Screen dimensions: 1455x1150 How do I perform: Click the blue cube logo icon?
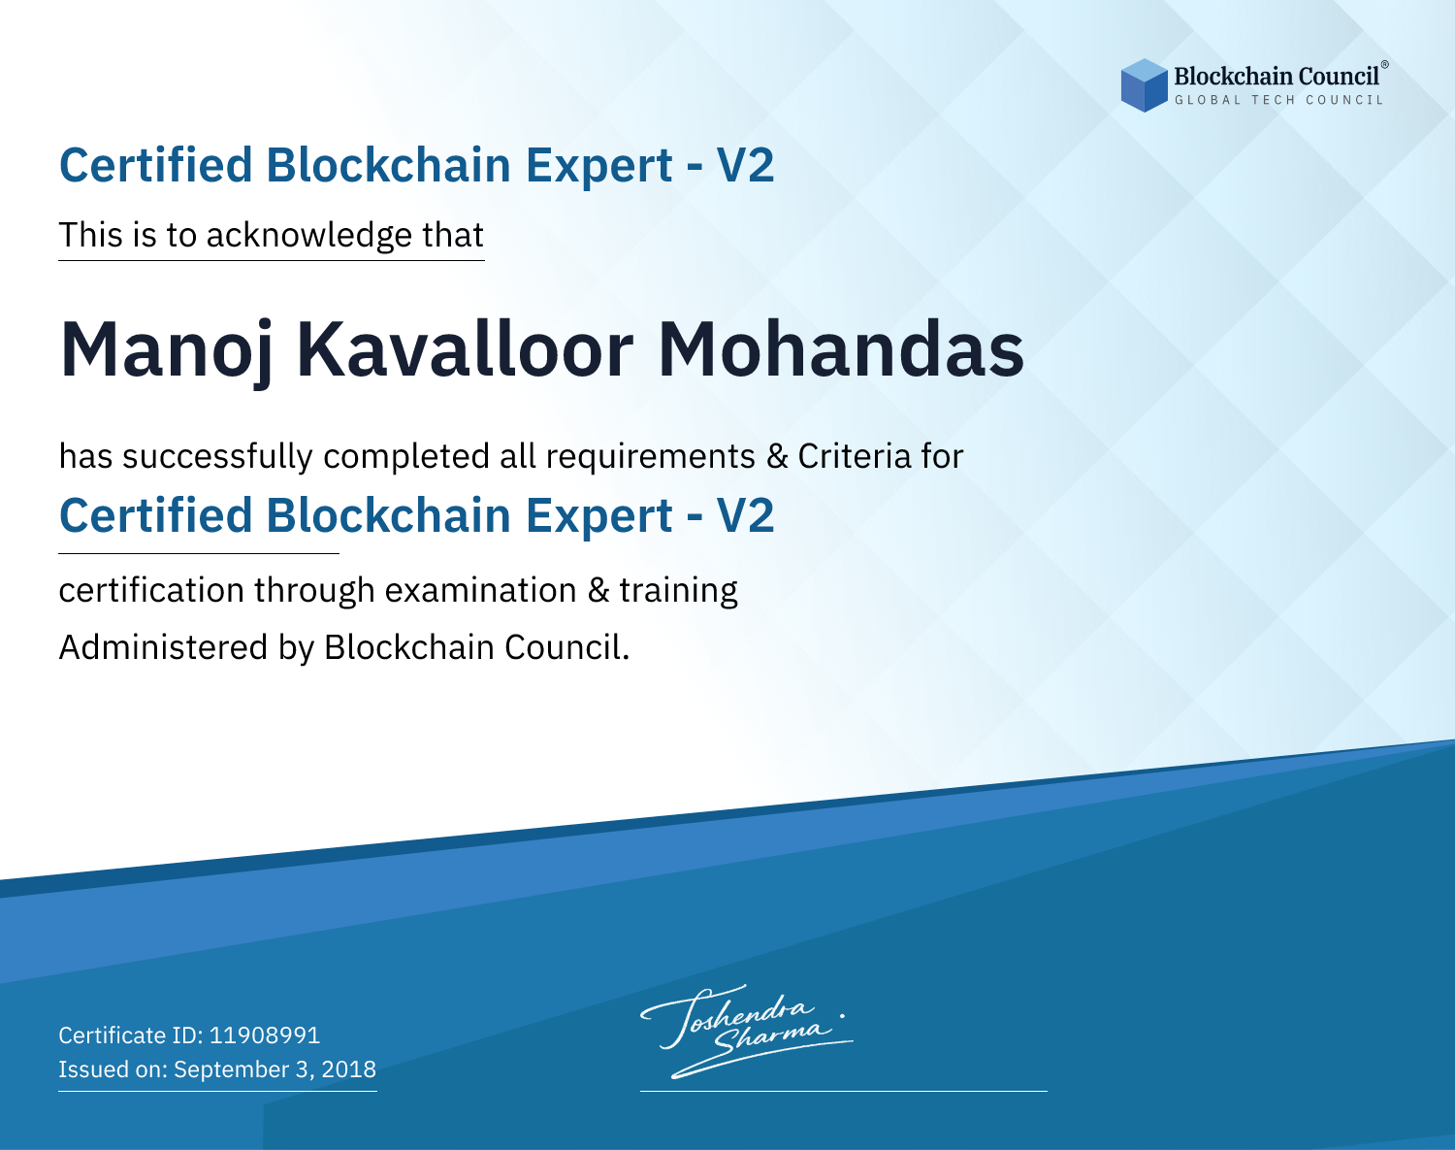(1144, 85)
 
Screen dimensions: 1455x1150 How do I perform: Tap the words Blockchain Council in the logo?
(1277, 77)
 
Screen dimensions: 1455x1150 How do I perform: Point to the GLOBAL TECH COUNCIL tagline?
(1278, 100)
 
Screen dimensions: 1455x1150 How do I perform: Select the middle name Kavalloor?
(466, 349)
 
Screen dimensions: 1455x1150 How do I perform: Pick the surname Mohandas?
(840, 349)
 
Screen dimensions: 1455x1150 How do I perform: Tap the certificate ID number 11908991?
(265, 1035)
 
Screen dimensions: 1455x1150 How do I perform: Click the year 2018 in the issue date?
(348, 1068)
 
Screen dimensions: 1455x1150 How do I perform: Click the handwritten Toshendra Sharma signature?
(746, 1032)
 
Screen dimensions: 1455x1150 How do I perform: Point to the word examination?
(481, 590)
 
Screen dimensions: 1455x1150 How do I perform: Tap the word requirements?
(651, 457)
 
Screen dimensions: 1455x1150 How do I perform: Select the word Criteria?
(854, 456)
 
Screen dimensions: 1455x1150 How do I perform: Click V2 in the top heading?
(745, 165)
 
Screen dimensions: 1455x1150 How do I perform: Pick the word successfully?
(217, 457)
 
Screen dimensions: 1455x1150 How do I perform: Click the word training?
(678, 591)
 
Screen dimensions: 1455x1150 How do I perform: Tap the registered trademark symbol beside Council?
(1384, 64)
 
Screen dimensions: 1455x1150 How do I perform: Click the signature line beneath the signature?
(843, 1091)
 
